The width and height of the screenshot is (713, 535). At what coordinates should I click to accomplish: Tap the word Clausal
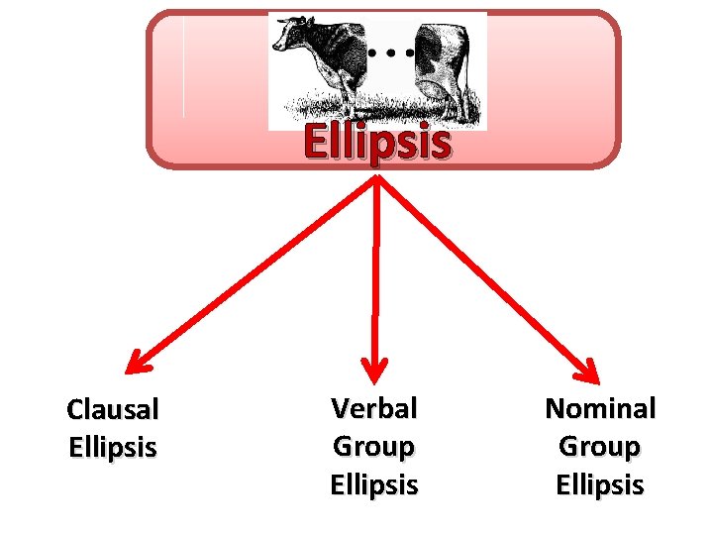click(x=113, y=409)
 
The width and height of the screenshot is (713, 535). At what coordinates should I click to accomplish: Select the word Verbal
click(x=374, y=408)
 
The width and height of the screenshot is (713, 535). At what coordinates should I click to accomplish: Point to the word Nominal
click(x=600, y=408)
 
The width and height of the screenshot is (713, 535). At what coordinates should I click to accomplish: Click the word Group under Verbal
click(x=374, y=447)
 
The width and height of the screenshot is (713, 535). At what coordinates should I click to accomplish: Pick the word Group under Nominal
click(x=600, y=447)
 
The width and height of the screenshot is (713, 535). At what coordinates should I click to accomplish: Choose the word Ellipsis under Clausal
click(x=113, y=447)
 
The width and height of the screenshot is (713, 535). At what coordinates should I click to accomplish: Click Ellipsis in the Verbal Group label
click(x=374, y=485)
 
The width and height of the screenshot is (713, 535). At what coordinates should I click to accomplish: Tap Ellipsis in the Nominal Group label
click(x=600, y=485)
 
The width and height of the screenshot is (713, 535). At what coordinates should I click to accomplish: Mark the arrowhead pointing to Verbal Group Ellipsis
click(x=374, y=370)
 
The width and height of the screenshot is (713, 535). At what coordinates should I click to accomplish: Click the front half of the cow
click(x=317, y=59)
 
